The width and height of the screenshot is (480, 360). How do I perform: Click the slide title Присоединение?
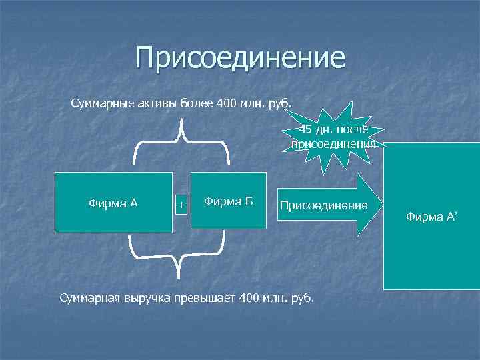tap(240, 59)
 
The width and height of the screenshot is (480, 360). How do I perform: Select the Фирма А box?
tap(113, 203)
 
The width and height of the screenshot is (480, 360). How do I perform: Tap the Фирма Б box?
tap(228, 201)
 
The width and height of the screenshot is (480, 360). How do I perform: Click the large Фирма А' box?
tap(431, 216)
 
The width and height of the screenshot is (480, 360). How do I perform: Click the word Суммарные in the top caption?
tap(102, 103)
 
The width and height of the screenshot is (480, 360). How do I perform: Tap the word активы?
tap(157, 103)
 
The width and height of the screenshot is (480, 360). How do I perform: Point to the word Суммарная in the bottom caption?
tap(90, 297)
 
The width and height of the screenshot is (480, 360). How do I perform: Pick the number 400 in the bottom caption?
tap(249, 297)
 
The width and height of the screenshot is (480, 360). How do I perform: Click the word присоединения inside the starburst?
tap(333, 143)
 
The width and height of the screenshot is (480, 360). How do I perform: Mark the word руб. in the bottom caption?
tap(303, 297)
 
